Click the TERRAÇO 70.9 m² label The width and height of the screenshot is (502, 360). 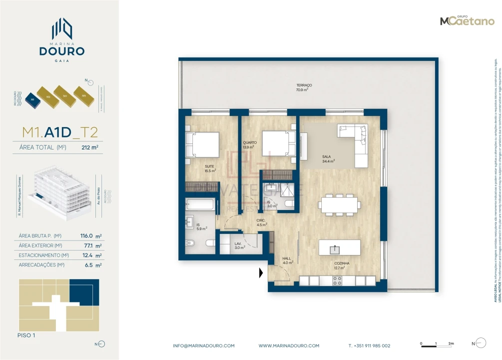(304, 87)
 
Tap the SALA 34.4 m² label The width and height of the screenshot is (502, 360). (328, 159)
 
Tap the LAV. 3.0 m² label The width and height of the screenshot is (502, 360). (239, 245)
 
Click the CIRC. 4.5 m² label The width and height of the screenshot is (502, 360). (262, 222)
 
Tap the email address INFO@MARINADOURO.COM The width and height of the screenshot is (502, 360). (203, 345)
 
